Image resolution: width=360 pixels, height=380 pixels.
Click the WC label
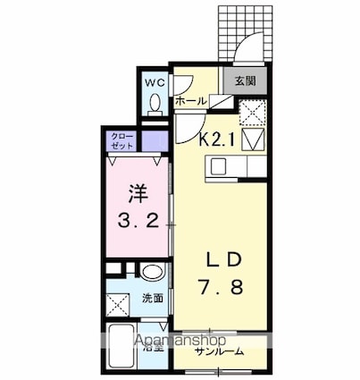(x=155, y=83)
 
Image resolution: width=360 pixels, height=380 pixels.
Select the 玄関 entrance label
(x=246, y=80)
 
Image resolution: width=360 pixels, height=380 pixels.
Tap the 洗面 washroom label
(x=151, y=297)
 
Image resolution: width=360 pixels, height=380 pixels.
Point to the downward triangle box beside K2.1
(x=252, y=139)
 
